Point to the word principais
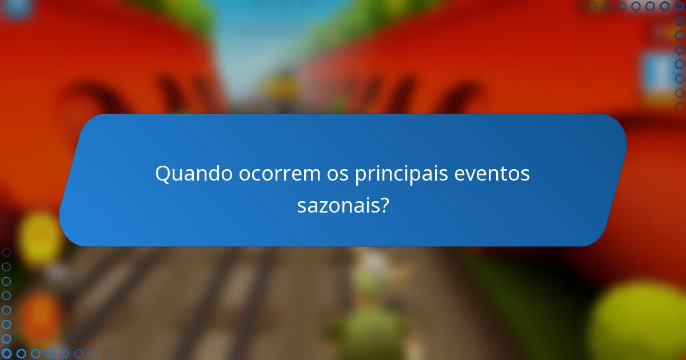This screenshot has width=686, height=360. (401, 174)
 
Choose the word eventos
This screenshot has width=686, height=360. (492, 174)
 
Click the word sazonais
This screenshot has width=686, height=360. (338, 206)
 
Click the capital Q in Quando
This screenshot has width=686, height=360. (163, 174)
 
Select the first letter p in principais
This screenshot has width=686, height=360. (360, 175)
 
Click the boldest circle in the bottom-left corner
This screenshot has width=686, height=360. (7, 354)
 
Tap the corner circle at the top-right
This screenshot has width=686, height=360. (679, 6)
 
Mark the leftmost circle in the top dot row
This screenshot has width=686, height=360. (579, 6)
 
